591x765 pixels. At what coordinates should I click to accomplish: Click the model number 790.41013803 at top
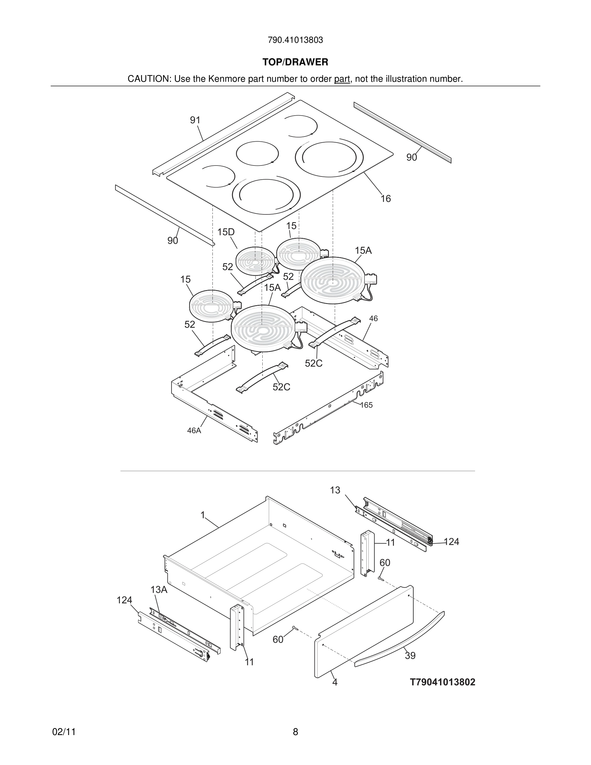click(295, 40)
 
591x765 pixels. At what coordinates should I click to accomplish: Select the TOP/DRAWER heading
click(295, 62)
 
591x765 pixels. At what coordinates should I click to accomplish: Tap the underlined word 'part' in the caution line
click(342, 79)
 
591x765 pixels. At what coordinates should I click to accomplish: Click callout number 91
click(195, 120)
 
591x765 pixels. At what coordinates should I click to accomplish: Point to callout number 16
click(386, 199)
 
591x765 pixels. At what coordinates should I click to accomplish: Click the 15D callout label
click(226, 232)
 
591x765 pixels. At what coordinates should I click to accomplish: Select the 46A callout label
click(194, 431)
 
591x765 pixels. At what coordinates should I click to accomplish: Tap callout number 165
click(366, 405)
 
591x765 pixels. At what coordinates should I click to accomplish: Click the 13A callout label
click(159, 590)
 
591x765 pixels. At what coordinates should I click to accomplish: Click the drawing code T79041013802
click(443, 682)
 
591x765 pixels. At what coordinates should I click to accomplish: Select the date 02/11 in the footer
click(64, 732)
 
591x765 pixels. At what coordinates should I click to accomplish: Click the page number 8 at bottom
click(295, 732)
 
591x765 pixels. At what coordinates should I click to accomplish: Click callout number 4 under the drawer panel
click(335, 682)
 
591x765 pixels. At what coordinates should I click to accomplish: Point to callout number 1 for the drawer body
click(203, 515)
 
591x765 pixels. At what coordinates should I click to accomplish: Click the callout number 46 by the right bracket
click(374, 318)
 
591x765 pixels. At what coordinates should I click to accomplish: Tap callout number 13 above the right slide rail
click(335, 490)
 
